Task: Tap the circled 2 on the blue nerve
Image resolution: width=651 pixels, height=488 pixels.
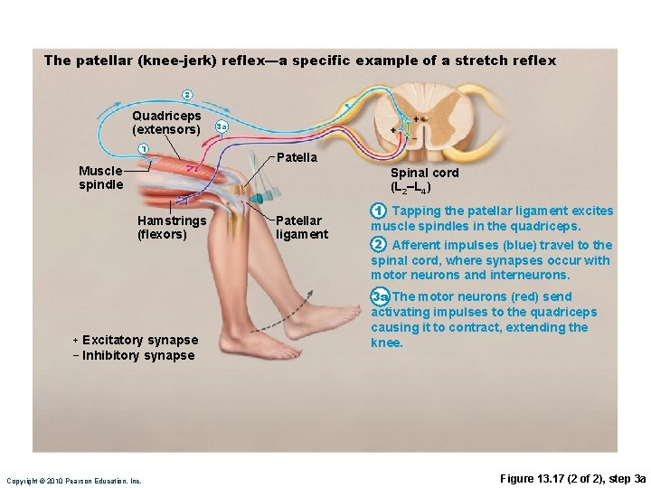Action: click(186, 95)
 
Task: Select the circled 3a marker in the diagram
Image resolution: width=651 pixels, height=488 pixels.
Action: click(221, 127)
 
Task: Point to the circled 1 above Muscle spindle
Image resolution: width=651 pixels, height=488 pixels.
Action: click(142, 148)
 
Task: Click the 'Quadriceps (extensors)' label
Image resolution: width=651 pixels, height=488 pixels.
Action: click(166, 123)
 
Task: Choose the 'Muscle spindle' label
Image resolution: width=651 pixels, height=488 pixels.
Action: click(100, 177)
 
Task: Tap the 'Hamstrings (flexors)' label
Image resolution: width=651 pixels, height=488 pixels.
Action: click(172, 227)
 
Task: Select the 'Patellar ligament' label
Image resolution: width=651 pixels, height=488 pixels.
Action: click(301, 227)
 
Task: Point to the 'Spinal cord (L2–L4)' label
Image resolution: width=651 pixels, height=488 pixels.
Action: click(423, 180)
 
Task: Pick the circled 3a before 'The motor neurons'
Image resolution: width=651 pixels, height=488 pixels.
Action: click(380, 296)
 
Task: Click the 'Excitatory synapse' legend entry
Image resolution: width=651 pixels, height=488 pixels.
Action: click(135, 340)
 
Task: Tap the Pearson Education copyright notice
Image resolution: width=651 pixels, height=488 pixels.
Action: click(74, 481)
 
